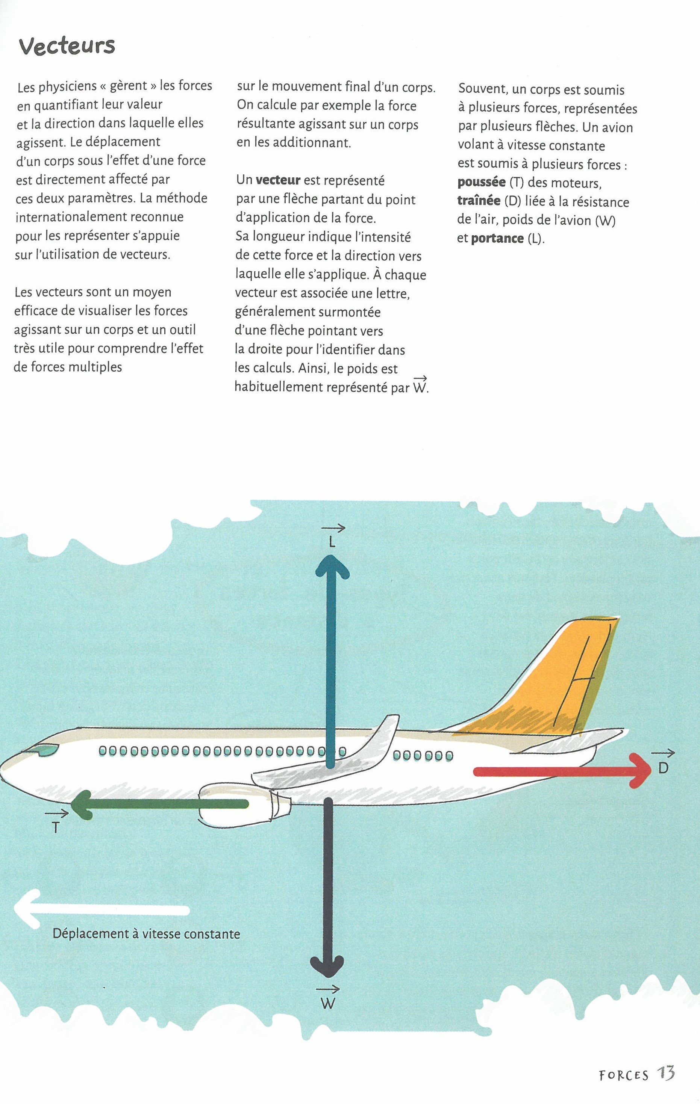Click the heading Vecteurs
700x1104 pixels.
click(67, 46)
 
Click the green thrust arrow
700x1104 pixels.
click(161, 804)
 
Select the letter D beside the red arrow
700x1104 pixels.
click(663, 768)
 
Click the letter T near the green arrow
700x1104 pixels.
click(56, 827)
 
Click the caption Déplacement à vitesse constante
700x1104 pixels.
click(146, 933)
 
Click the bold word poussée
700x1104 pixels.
click(482, 183)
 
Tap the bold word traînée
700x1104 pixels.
click(479, 201)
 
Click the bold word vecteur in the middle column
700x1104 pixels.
click(278, 180)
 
